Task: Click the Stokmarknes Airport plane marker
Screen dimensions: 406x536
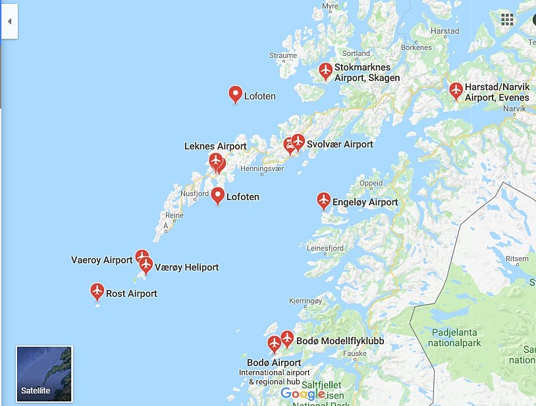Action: click(x=325, y=70)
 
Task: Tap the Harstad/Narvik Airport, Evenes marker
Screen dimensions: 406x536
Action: click(x=456, y=90)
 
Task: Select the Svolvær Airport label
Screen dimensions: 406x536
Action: click(x=340, y=144)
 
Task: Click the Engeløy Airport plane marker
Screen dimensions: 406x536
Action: click(x=323, y=199)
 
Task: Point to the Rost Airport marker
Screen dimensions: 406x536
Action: click(x=97, y=290)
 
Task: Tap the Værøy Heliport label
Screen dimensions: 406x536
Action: click(x=186, y=267)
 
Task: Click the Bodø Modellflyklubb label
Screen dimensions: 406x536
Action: click(x=340, y=341)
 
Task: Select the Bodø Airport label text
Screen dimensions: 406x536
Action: click(x=274, y=363)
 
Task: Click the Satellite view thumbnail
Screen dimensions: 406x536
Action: click(x=44, y=374)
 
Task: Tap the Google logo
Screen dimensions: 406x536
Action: click(x=302, y=393)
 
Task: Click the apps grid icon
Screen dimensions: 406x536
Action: click(x=507, y=19)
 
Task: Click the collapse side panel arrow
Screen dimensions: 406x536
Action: click(x=9, y=21)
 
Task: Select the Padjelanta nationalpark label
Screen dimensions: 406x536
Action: click(x=454, y=338)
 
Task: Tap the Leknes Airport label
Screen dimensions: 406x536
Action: click(x=215, y=146)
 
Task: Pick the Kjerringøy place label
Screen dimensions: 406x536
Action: click(x=308, y=301)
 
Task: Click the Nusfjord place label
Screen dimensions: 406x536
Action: click(x=195, y=193)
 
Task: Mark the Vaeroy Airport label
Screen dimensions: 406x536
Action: click(x=102, y=260)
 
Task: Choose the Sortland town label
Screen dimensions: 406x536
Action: click(x=356, y=53)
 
